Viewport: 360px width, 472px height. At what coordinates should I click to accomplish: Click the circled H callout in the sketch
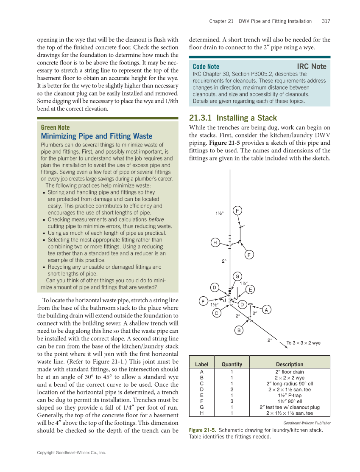215,242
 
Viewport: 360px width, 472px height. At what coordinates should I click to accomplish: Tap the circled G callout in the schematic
238,277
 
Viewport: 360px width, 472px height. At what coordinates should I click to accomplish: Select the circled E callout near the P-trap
251,289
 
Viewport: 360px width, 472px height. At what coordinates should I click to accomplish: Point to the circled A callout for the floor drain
267,310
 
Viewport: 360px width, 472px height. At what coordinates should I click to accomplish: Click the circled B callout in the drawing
239,330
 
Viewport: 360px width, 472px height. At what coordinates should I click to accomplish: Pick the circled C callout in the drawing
216,313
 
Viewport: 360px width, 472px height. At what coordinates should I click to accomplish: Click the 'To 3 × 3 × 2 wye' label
303,343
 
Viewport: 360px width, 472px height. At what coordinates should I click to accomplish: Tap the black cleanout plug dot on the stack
230,291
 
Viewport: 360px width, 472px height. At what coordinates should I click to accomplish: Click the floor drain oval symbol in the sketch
250,304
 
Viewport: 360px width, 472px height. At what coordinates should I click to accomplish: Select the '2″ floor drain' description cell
289,372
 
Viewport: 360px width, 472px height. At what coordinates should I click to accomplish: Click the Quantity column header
232,364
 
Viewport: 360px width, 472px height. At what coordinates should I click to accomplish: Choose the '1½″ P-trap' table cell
289,395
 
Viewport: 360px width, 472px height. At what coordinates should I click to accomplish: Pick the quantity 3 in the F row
232,401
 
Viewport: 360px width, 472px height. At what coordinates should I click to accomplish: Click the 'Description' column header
289,364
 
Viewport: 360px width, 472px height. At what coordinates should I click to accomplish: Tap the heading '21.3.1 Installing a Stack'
232,118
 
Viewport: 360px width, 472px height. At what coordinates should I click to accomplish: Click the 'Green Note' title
55,127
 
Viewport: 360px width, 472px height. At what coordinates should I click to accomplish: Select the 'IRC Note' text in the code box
311,66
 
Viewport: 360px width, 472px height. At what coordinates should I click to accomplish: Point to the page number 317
326,21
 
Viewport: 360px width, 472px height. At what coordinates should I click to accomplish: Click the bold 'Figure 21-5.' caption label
202,430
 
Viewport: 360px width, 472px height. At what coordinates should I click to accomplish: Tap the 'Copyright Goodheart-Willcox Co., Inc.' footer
71,453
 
